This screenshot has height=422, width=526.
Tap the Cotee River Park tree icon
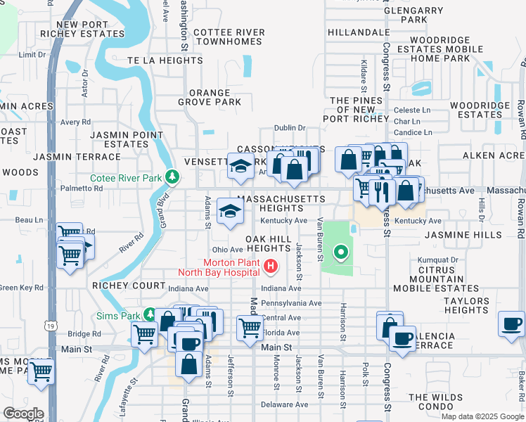pos(172,176)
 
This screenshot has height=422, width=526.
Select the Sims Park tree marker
pos(149,315)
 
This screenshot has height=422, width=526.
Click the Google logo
pos(23,414)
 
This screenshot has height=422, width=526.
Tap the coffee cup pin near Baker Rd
pos(511,324)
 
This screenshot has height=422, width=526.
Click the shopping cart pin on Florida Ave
pos(250,328)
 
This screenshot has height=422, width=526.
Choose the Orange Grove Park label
pos(209,97)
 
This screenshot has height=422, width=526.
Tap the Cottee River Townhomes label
pos(229,37)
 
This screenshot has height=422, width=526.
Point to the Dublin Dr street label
pos(290,128)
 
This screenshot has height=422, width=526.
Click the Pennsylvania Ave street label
pos(291,303)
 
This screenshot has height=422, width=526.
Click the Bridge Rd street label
pos(85,334)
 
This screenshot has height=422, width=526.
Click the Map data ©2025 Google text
pos(482,416)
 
